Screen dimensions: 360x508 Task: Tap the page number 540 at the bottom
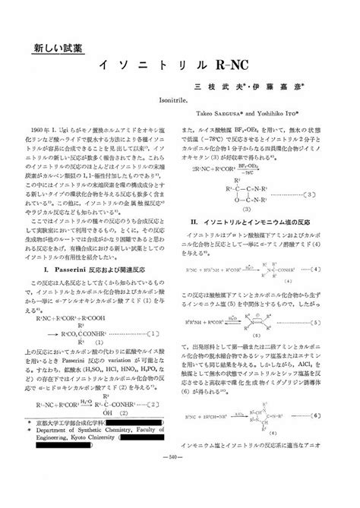pyautogui.click(x=180, y=498)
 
